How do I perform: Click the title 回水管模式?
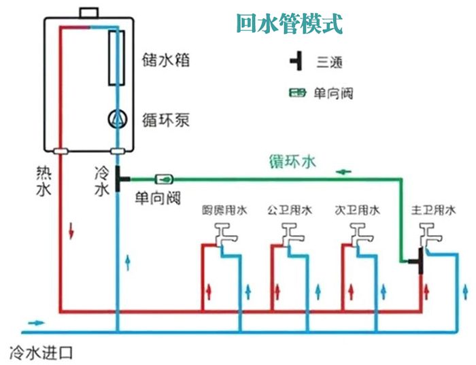click(289, 25)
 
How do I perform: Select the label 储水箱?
click(166, 60)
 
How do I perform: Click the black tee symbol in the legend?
click(296, 63)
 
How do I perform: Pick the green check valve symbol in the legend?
click(298, 92)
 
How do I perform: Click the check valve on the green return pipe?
click(165, 179)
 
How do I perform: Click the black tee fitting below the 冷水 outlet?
click(120, 179)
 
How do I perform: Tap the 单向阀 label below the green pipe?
click(156, 198)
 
